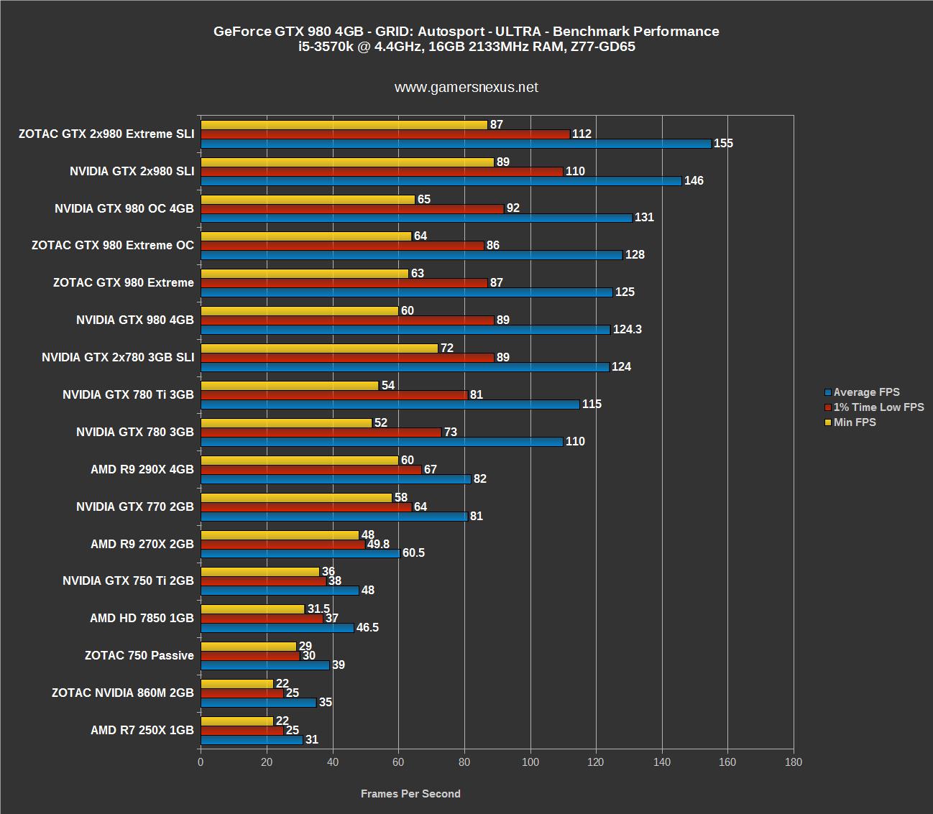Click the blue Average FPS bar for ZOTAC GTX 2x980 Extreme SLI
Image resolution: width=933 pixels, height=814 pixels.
tap(456, 144)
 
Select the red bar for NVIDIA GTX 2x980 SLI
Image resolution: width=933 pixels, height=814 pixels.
tap(382, 172)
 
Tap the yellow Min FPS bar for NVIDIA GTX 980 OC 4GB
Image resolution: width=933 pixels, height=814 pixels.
tap(308, 199)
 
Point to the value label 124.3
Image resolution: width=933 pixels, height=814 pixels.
tap(627, 330)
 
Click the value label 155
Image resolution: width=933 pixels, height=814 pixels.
tap(723, 144)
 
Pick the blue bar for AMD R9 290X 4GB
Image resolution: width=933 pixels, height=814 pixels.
tap(336, 479)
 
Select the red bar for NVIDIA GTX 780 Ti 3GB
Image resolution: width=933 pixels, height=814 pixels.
tap(334, 395)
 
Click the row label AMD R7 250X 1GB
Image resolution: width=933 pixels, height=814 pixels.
tap(142, 730)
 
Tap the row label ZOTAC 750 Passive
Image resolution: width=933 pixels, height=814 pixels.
tap(139, 655)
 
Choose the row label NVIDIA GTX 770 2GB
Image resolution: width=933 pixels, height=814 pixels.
tap(134, 507)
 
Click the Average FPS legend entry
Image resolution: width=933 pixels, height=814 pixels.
tap(865, 392)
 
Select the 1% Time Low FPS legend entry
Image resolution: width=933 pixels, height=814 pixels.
tap(878, 407)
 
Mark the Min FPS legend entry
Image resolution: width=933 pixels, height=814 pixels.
tap(854, 422)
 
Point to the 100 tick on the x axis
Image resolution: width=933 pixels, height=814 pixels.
tap(530, 762)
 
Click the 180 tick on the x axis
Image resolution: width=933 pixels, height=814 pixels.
tap(794, 762)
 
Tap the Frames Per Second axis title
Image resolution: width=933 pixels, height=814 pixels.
tap(410, 794)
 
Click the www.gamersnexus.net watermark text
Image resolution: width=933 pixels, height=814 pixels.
tap(466, 88)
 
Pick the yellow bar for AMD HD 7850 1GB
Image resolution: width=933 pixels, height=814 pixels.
tap(252, 609)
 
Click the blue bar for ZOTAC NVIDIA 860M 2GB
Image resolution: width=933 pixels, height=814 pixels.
tap(258, 703)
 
